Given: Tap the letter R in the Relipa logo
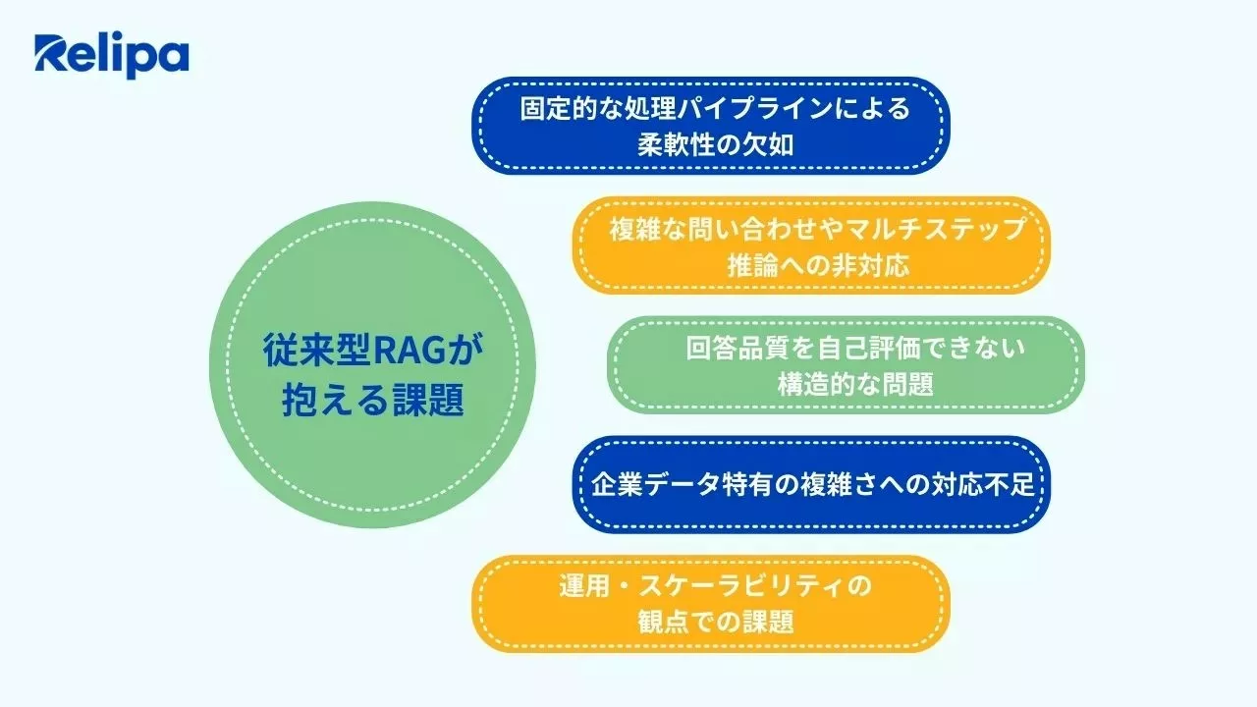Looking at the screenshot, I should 50,55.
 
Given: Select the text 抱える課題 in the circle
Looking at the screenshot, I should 372,401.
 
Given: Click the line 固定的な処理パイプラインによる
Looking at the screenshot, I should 714,108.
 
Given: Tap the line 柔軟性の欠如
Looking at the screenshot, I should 714,145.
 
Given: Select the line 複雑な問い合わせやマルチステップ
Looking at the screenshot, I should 816,229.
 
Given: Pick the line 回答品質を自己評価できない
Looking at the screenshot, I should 854,349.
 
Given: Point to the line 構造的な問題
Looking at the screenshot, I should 854,385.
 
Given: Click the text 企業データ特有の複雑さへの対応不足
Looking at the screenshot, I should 812,485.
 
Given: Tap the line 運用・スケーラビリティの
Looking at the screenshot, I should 715,586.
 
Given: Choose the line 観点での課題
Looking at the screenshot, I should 715,623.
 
